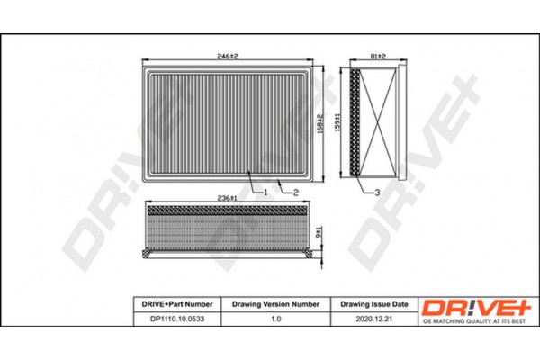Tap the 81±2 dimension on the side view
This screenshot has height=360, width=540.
[x=377, y=56]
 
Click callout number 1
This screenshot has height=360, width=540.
[x=267, y=193]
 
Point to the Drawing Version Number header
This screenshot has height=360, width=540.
[x=271, y=304]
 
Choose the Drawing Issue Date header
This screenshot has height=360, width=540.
[x=372, y=304]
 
